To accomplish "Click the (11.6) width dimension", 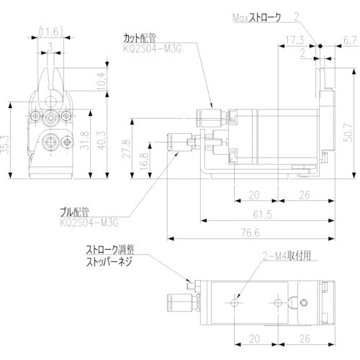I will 50,30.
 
